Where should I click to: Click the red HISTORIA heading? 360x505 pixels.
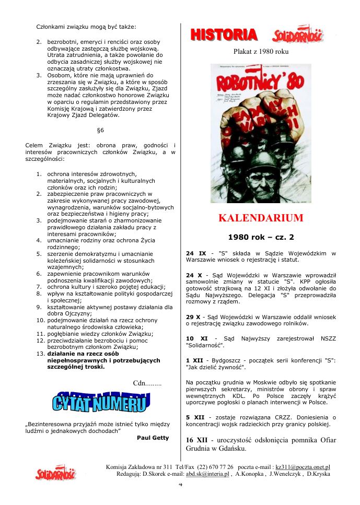tap(224, 35)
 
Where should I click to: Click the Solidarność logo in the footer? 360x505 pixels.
tap(55, 473)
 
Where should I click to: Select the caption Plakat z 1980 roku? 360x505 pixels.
tap(261, 51)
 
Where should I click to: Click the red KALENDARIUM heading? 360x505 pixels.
tap(260, 218)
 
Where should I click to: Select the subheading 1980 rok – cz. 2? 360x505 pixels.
tap(261, 237)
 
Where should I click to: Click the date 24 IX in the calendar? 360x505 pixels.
tap(196, 253)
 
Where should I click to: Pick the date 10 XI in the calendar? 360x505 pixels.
tap(197, 338)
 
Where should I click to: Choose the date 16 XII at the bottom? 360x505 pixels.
tap(198, 440)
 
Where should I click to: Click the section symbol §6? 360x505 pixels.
tap(100, 130)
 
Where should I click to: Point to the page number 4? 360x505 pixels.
tap(180, 484)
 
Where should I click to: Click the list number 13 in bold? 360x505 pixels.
tap(40, 353)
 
